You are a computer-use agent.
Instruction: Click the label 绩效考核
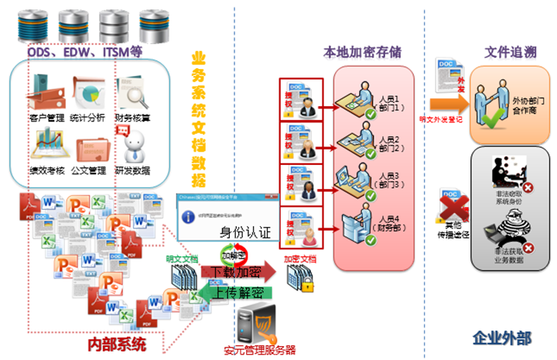(46, 170)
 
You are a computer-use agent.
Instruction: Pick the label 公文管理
(90, 170)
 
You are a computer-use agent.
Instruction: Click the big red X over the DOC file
(455, 205)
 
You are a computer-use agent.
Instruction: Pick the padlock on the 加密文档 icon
(306, 286)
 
